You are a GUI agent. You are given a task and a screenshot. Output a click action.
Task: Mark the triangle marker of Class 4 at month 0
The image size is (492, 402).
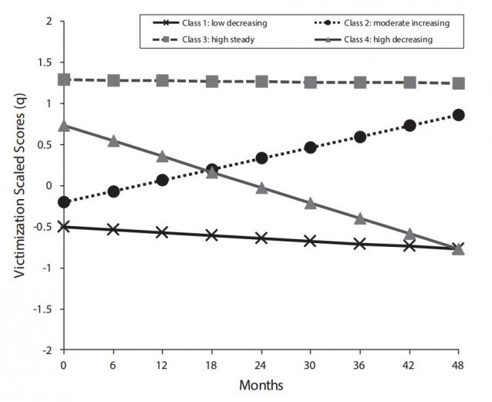pyautogui.click(x=64, y=126)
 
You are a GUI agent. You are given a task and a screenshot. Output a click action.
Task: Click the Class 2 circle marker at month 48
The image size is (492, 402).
pyautogui.click(x=459, y=115)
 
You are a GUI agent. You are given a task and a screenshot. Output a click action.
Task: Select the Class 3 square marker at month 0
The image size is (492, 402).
pyautogui.click(x=64, y=79)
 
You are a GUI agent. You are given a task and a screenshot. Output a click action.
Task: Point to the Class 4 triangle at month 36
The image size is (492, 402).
pyautogui.click(x=360, y=218)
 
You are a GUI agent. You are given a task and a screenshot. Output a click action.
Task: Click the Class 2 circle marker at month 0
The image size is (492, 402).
pyautogui.click(x=64, y=202)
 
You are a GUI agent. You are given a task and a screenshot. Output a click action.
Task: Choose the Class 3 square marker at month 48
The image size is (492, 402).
pyautogui.click(x=459, y=83)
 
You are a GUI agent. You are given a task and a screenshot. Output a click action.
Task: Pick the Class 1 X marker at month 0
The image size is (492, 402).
pyautogui.click(x=64, y=226)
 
